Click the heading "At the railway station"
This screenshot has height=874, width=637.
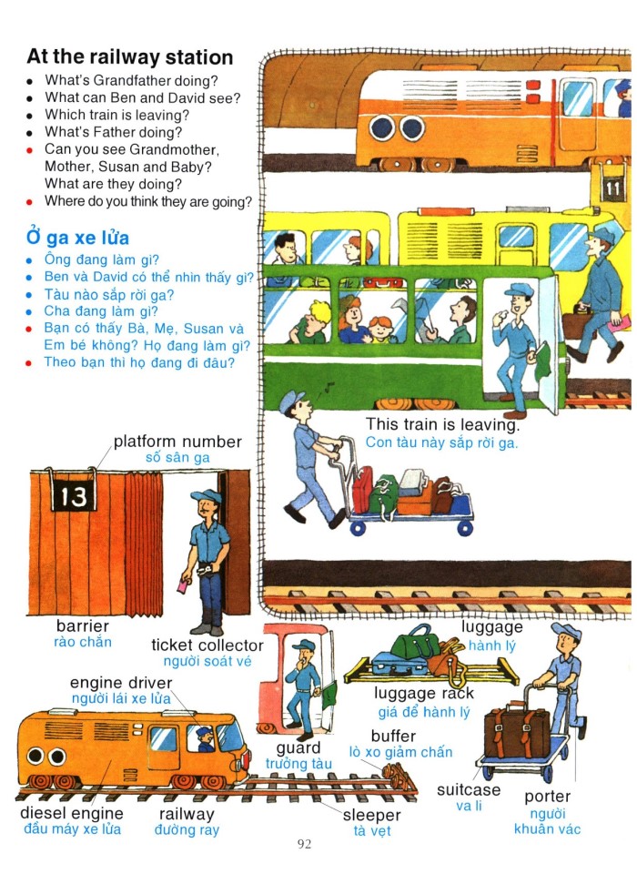[130, 57]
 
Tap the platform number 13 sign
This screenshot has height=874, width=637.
[72, 495]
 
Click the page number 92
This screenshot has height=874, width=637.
[304, 844]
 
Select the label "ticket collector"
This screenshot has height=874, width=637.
[207, 645]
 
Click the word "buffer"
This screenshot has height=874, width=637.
[393, 736]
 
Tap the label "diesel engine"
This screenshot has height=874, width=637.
[72, 813]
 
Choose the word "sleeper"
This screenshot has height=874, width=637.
[371, 815]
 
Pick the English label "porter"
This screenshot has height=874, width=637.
[547, 797]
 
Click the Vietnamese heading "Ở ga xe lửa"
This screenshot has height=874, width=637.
[77, 238]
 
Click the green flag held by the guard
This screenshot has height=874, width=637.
[327, 694]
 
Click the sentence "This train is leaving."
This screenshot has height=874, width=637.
[442, 424]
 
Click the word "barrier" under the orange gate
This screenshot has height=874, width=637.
[82, 626]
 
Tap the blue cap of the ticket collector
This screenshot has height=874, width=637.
[205, 497]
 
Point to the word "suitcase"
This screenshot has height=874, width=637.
[469, 789]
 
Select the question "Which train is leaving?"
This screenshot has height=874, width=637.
[116, 115]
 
